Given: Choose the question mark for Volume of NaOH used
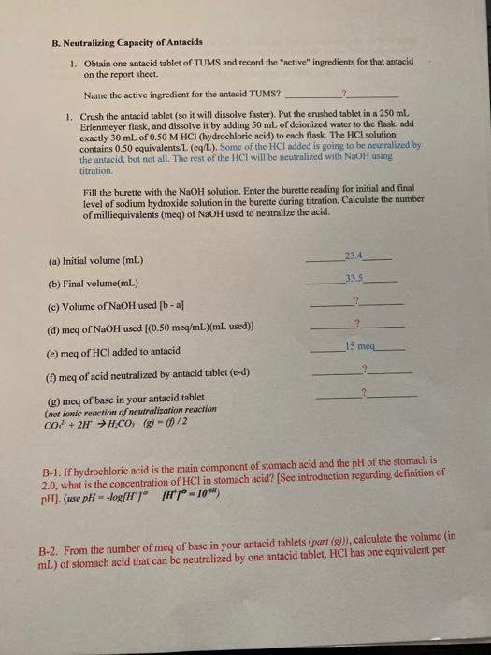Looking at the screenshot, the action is click(356, 300).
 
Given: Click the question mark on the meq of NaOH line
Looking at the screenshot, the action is click(356, 324).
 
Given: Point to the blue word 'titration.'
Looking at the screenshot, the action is click(95, 171).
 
